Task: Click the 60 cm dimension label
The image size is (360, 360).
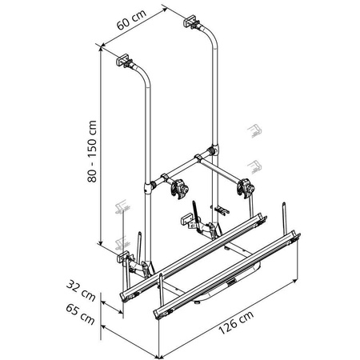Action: click(x=131, y=19)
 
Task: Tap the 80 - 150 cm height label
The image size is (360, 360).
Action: click(x=92, y=151)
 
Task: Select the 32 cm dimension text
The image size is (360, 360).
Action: click(x=81, y=290)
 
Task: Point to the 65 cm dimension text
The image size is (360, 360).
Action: click(x=80, y=314)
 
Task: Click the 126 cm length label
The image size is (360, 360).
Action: click(x=236, y=322)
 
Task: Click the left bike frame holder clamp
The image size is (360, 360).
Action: click(x=180, y=188)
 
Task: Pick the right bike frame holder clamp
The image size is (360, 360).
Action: click(x=246, y=188)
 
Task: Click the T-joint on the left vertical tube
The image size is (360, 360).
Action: click(x=148, y=188)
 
